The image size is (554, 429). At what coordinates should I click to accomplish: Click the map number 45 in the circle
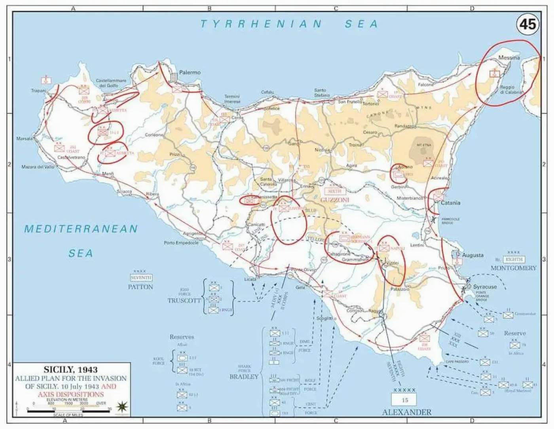tap(527, 24)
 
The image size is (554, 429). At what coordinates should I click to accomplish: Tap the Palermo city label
tap(190, 72)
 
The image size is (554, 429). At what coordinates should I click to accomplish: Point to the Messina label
tap(509, 57)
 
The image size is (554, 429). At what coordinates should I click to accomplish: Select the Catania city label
tap(450, 203)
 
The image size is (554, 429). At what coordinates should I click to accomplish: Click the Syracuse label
tap(485, 287)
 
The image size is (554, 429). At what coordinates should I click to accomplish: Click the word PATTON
tap(140, 287)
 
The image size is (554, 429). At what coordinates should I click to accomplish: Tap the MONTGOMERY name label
tap(513, 268)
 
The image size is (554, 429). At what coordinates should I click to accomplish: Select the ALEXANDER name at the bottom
tap(406, 412)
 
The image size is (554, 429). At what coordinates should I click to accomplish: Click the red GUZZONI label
tap(335, 200)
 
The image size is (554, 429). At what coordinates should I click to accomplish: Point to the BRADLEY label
tap(244, 377)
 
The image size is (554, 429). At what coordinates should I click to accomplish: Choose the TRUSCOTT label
tap(184, 300)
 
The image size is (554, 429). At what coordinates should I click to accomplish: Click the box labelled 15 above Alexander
tap(404, 400)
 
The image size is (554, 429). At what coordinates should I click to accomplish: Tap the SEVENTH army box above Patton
tap(141, 277)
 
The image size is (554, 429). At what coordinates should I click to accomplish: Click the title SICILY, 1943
tap(70, 369)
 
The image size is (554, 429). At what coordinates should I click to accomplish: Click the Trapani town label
tap(39, 91)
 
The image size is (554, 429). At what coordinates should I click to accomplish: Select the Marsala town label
tap(25, 139)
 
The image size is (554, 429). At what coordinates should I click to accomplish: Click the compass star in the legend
tap(121, 406)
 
